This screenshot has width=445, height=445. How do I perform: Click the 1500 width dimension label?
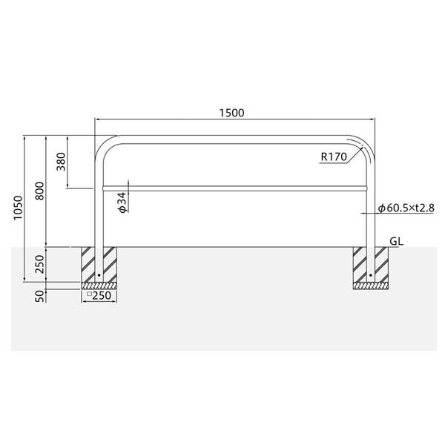coord(231,113)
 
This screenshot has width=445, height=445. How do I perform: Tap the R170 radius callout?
coord(334,156)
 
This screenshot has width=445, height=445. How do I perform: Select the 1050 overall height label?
coord(18,208)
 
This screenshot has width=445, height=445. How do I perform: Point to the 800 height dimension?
coord(39,191)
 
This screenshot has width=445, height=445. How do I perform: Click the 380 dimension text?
coord(61,162)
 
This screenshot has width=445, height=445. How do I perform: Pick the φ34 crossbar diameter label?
coord(122,202)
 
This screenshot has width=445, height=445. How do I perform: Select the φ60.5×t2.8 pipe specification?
coord(406,208)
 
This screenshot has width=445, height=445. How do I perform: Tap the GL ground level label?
coord(397,241)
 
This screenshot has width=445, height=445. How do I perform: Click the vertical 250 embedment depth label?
coord(39,264)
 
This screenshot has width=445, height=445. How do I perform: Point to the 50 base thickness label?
coord(40,296)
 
